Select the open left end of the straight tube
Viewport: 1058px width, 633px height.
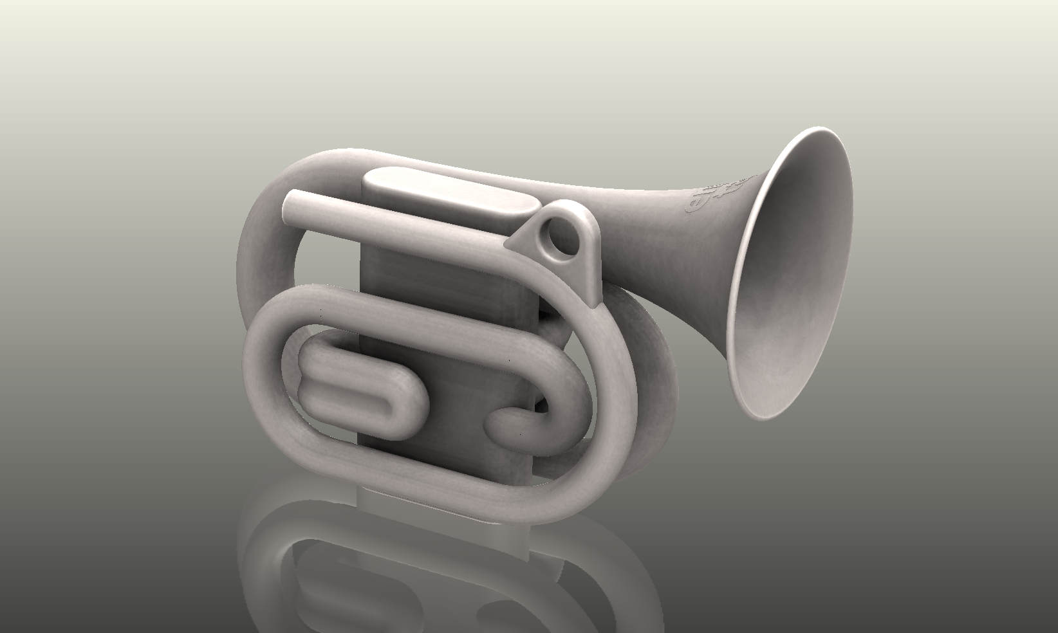[293, 204]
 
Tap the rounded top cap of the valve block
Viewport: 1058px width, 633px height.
[450, 187]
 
